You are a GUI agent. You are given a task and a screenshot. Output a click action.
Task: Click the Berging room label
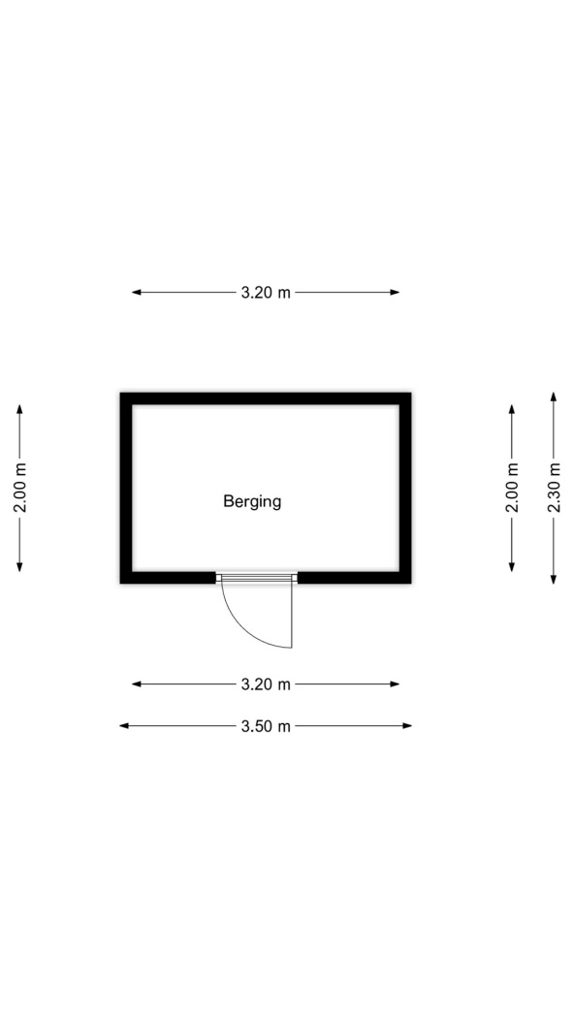coord(252,501)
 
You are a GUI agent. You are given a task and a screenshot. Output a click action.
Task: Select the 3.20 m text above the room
coord(266,292)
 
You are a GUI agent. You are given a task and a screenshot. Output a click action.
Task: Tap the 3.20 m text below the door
coord(266,684)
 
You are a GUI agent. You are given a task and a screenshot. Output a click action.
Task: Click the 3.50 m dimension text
coord(266,726)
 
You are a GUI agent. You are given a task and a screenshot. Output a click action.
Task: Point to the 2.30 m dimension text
coord(554,488)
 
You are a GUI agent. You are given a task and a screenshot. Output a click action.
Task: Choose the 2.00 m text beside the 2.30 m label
coord(512,488)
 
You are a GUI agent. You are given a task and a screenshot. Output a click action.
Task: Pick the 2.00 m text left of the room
coord(19,488)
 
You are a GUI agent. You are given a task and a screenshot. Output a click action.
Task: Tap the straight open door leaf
coord(292,615)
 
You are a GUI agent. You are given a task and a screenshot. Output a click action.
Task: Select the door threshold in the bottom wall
coord(256,577)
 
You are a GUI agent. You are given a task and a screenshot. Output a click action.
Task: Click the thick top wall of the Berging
coord(266,398)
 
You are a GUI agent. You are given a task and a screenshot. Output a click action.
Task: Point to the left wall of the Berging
coord(127,488)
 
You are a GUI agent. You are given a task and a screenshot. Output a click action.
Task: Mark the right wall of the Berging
coord(405,488)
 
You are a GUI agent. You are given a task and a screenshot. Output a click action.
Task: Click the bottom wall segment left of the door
coord(168,577)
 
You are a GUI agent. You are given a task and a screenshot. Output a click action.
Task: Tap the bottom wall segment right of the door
coord(354,577)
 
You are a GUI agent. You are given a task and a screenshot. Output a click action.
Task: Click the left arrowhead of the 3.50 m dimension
coord(124,726)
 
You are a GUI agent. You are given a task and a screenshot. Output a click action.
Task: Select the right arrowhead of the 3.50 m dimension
coord(407,726)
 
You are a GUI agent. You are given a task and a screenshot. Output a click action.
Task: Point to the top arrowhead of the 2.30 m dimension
coord(554,397)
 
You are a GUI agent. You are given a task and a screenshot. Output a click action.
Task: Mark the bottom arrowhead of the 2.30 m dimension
coord(554,579)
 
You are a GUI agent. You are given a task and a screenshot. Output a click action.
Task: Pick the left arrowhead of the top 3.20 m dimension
coord(137,292)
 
